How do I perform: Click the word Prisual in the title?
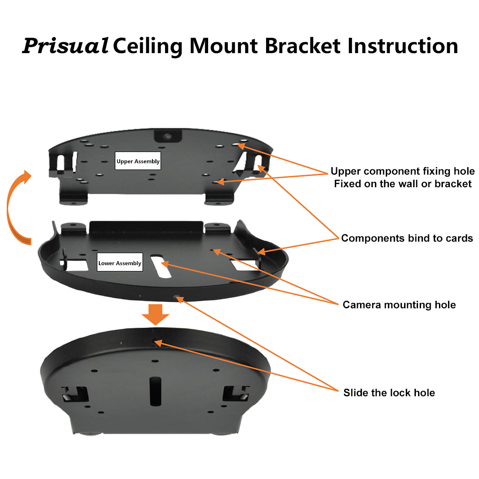click(x=65, y=46)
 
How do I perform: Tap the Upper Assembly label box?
click(x=138, y=162)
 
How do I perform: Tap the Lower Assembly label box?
click(x=120, y=263)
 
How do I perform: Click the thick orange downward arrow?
click(x=155, y=314)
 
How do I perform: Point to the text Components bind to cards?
click(x=407, y=238)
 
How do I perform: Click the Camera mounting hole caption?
click(x=399, y=305)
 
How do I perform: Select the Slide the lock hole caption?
click(x=389, y=393)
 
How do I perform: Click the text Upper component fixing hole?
click(x=402, y=171)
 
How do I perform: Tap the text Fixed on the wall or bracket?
click(x=402, y=184)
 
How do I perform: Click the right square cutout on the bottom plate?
click(x=236, y=394)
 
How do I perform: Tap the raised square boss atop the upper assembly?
click(x=168, y=136)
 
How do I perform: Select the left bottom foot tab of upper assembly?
click(x=73, y=199)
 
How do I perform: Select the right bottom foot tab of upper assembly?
click(x=220, y=199)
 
